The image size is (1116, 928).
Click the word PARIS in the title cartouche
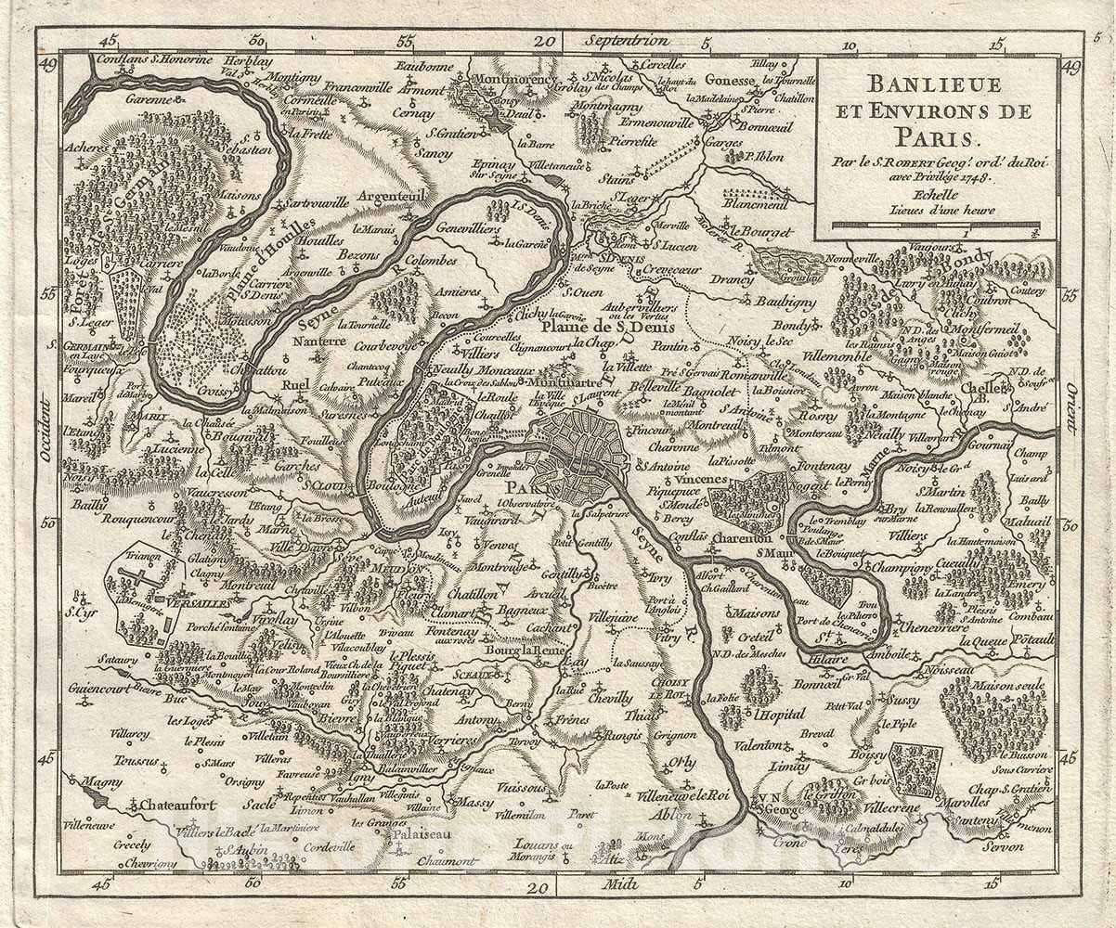936,138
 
